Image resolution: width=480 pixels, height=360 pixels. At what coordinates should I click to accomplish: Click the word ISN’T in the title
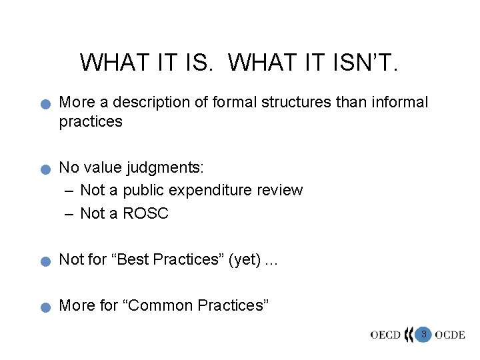coord(367,62)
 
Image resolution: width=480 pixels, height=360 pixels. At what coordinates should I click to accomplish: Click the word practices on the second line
coord(91,121)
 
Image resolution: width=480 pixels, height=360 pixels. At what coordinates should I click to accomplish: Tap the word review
coord(279,190)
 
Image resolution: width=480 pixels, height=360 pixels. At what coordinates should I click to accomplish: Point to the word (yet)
coord(245,260)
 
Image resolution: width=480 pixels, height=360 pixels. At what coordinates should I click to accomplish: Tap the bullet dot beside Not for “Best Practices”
coord(44,262)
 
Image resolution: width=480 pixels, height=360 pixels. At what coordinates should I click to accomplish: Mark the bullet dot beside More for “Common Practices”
coord(44,308)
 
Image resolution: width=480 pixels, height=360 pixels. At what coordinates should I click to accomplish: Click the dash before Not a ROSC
coord(70,213)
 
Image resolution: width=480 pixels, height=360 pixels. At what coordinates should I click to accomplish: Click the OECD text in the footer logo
coord(386,335)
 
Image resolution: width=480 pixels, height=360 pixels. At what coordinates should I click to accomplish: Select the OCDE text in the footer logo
coord(450,335)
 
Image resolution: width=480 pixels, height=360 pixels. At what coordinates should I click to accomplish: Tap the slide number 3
coord(423,333)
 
